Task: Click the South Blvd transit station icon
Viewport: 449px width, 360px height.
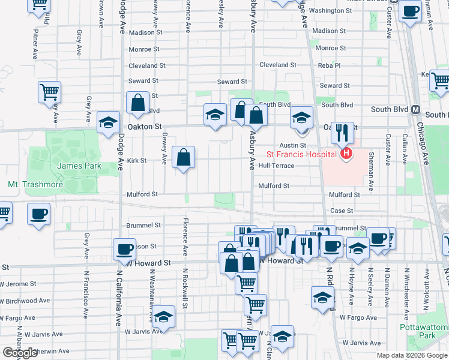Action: (x=415, y=110)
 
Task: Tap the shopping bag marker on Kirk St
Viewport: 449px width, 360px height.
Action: (x=184, y=158)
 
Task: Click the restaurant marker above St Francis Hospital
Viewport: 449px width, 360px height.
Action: (x=342, y=133)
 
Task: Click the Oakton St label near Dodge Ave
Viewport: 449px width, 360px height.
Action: (x=145, y=127)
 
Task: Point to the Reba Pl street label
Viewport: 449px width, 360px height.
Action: (x=329, y=65)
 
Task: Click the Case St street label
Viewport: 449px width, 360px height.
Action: (x=342, y=211)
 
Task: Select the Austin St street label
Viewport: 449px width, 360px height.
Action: (x=294, y=145)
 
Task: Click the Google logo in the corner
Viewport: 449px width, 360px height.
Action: (x=20, y=353)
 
